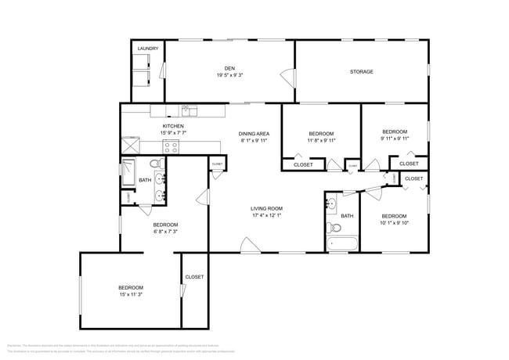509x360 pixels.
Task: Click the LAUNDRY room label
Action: pyautogui.click(x=148, y=49)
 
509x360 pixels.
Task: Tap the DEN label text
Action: pyautogui.click(x=230, y=68)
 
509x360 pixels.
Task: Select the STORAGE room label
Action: pyautogui.click(x=361, y=72)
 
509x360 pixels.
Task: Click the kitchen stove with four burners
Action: pyautogui.click(x=128, y=145)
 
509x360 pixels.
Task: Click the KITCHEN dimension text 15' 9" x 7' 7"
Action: pyautogui.click(x=173, y=133)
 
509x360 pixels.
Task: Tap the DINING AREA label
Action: pyautogui.click(x=254, y=134)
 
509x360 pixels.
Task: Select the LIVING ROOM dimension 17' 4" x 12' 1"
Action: pyautogui.click(x=266, y=215)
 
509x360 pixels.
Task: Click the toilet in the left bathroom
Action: pyautogui.click(x=156, y=164)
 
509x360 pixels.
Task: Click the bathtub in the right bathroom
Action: pyautogui.click(x=341, y=244)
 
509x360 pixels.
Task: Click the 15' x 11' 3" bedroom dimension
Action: pyautogui.click(x=131, y=295)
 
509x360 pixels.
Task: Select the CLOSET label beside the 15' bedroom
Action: pyautogui.click(x=194, y=277)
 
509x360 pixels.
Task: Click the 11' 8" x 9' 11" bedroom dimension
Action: pyautogui.click(x=321, y=140)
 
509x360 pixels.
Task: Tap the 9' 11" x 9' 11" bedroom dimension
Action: pyautogui.click(x=395, y=139)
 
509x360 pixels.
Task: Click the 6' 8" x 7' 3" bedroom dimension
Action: pyautogui.click(x=165, y=232)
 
